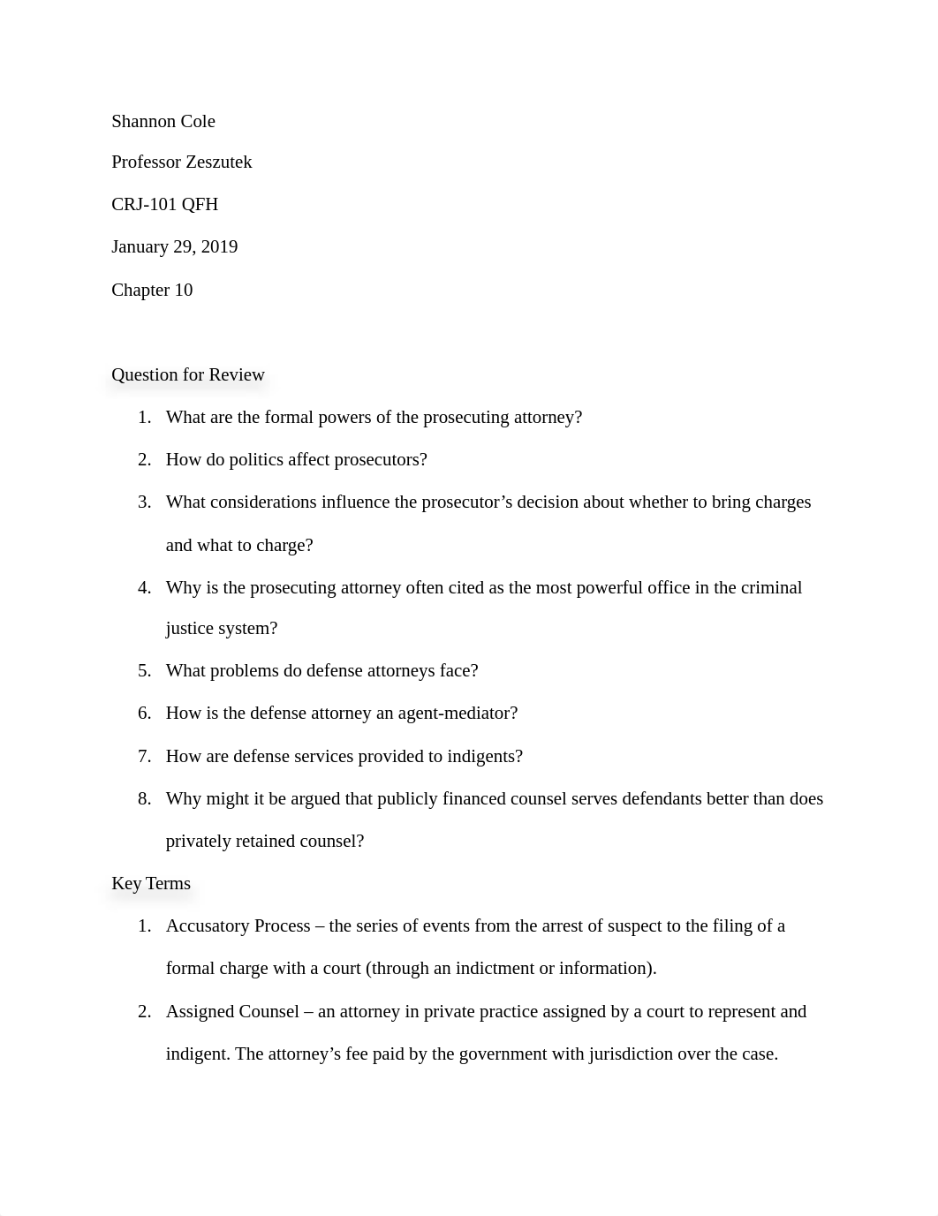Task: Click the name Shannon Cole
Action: pos(163,121)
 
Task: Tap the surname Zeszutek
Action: pos(217,162)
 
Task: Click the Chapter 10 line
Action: pos(152,290)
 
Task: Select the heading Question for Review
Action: pos(188,374)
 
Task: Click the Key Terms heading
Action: pos(151,883)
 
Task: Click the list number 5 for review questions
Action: pos(144,670)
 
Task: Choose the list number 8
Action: pos(144,798)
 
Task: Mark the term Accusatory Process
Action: pos(238,925)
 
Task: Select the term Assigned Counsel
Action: pos(232,1011)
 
